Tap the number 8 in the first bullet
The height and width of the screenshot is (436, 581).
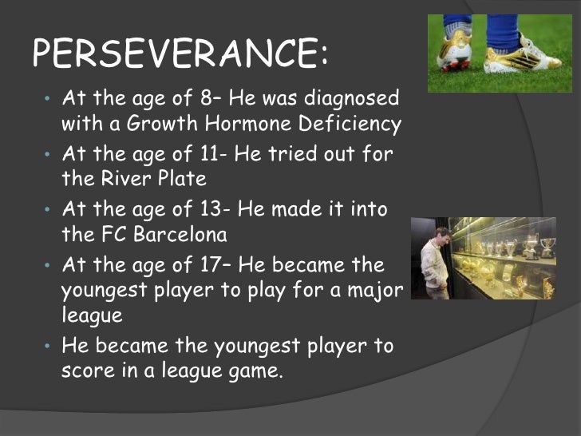[x=205, y=99]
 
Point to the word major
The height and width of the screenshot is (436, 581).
[x=373, y=289]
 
